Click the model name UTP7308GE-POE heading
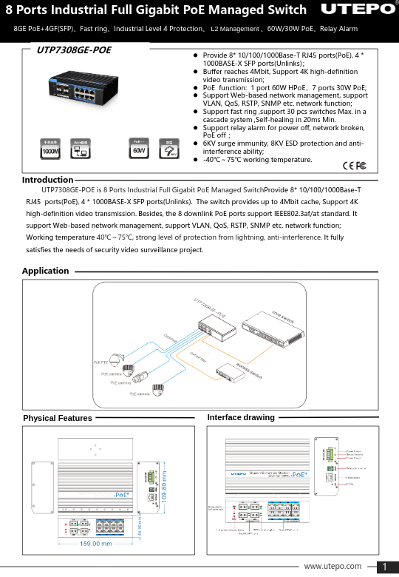click(74, 50)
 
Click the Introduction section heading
click(47, 180)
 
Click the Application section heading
click(45, 271)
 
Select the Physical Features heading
click(58, 418)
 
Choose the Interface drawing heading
click(241, 418)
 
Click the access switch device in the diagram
click(231, 374)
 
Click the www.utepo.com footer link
click(332, 566)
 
